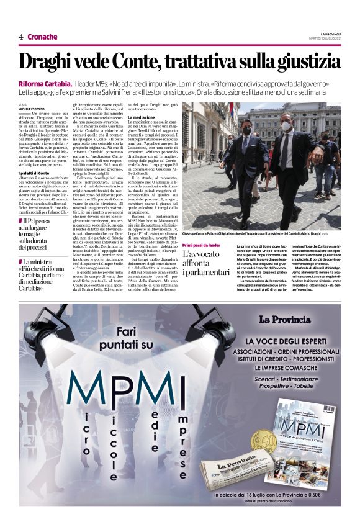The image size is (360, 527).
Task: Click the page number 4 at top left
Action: [x=21, y=37]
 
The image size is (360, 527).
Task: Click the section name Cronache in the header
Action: [x=42, y=37]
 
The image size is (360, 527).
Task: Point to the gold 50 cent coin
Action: [x=263, y=440]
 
